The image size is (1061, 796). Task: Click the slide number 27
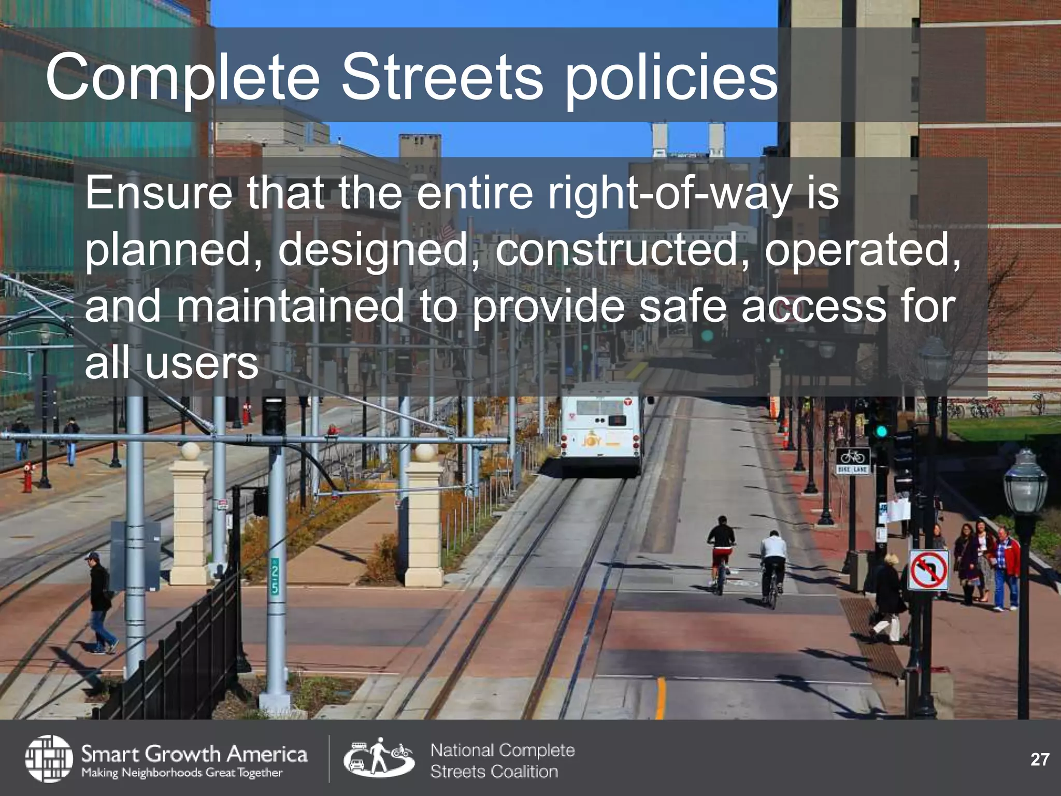[1039, 759]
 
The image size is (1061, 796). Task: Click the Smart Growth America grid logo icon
[49, 758]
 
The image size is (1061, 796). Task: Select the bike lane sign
[852, 461]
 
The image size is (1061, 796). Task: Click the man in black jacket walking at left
[100, 601]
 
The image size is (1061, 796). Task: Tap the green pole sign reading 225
[275, 575]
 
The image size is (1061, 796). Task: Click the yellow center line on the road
[660, 697]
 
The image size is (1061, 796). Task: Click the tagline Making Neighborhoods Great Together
[181, 773]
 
